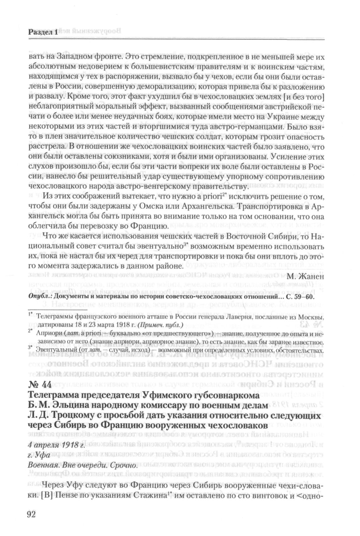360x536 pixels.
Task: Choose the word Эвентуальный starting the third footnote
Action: pos(55,350)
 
